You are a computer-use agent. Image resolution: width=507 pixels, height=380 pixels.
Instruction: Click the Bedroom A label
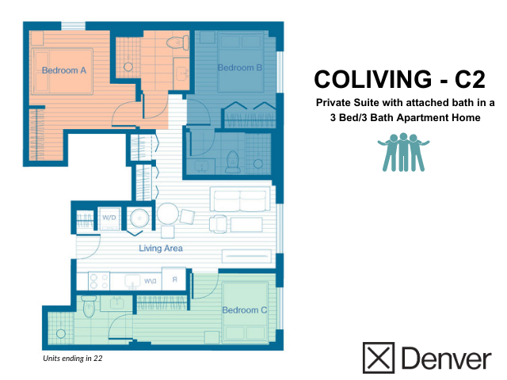[64, 70]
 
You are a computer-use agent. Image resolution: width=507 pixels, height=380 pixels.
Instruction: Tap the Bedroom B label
[240, 68]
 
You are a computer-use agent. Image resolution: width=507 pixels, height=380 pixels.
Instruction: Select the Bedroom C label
[244, 310]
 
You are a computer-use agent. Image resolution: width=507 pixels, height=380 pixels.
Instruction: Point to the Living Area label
[161, 249]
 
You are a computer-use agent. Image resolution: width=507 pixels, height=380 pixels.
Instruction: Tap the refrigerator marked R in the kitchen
[173, 279]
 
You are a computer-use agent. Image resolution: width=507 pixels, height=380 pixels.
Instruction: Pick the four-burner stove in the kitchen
[97, 280]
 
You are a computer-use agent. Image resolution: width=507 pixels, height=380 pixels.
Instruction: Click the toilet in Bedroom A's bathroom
[176, 42]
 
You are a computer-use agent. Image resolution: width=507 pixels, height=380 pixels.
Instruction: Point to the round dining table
[168, 214]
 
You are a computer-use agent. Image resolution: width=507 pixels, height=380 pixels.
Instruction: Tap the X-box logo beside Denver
[379, 357]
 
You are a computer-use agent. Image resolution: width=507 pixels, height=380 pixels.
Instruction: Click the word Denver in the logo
[445, 358]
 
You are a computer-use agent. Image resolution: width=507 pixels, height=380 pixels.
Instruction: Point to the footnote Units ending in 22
[73, 359]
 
